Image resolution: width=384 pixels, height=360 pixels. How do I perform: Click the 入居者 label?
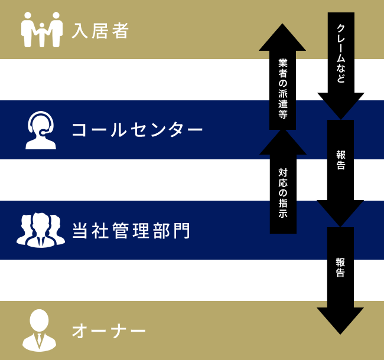tap(100, 30)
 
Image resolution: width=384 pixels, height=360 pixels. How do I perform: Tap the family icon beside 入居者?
tap(41, 30)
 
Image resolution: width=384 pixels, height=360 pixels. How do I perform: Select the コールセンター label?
tap(137, 130)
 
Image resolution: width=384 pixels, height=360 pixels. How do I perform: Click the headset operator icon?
tap(41, 130)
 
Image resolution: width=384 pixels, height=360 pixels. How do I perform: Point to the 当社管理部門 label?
tap(131, 230)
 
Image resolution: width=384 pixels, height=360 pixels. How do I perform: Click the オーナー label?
tap(109, 330)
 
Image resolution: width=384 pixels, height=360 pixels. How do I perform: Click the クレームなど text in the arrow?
tap(340, 54)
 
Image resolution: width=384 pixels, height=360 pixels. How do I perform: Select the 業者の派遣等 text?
tap(282, 89)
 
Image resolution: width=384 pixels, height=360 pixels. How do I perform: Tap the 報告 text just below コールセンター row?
tap(340, 161)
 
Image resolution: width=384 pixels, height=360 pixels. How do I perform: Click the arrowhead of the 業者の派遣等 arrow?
tap(282, 38)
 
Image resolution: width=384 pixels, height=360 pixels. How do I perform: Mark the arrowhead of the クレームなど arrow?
tap(340, 105)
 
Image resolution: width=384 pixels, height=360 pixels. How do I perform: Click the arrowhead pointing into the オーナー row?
tap(340, 319)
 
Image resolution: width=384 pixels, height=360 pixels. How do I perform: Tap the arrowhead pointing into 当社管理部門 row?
tap(340, 212)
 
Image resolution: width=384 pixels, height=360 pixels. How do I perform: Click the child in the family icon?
tap(41, 34)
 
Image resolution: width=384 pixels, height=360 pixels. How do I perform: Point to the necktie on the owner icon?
tap(39, 339)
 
